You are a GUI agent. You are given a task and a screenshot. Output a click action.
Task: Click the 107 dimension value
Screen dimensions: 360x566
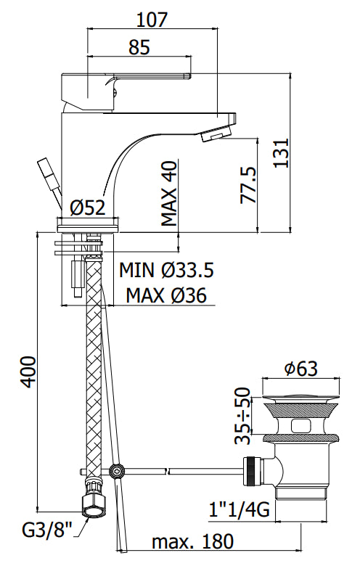(152, 20)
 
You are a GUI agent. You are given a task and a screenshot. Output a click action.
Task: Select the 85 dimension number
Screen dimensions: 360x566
(139, 47)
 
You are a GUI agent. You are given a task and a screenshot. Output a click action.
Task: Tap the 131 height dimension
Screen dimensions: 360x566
(282, 152)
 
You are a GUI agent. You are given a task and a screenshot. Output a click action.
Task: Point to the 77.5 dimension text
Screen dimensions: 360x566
(248, 185)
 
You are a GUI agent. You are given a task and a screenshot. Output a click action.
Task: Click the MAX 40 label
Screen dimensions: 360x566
(169, 194)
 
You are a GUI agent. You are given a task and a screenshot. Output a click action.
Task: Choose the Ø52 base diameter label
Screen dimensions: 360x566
(88, 208)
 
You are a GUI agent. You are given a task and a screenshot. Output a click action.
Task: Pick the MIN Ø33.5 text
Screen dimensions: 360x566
(166, 270)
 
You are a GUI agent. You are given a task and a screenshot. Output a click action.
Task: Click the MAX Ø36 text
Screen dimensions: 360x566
(166, 295)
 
